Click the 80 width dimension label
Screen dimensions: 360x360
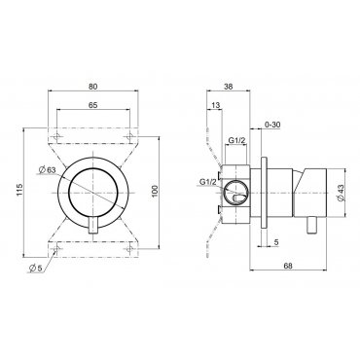tap(92, 87)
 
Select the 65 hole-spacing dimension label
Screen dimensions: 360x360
tap(92, 105)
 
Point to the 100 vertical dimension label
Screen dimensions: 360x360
tap(155, 191)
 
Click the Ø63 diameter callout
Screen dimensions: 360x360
tap(47, 169)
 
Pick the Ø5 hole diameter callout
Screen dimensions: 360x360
tap(35, 269)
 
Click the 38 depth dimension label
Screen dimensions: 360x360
tap(229, 87)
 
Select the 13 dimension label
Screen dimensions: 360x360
tap(215, 105)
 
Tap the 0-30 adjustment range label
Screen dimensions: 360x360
tap(272, 125)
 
